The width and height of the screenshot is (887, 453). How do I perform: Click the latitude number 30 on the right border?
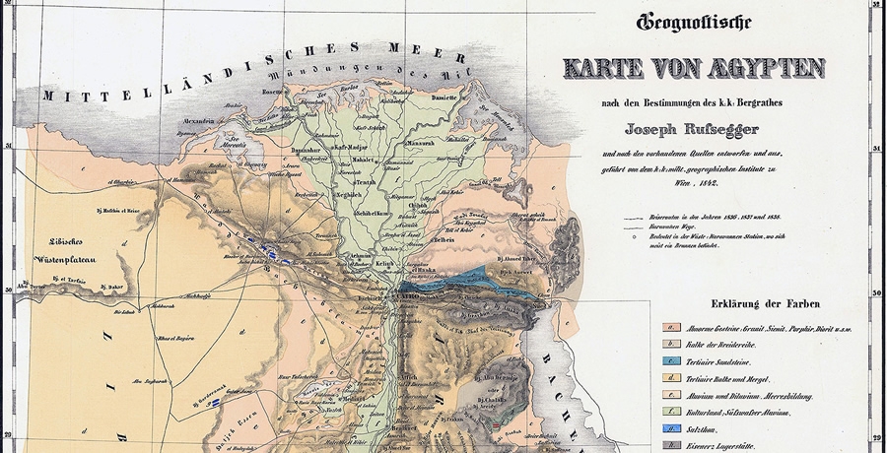[877, 293]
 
